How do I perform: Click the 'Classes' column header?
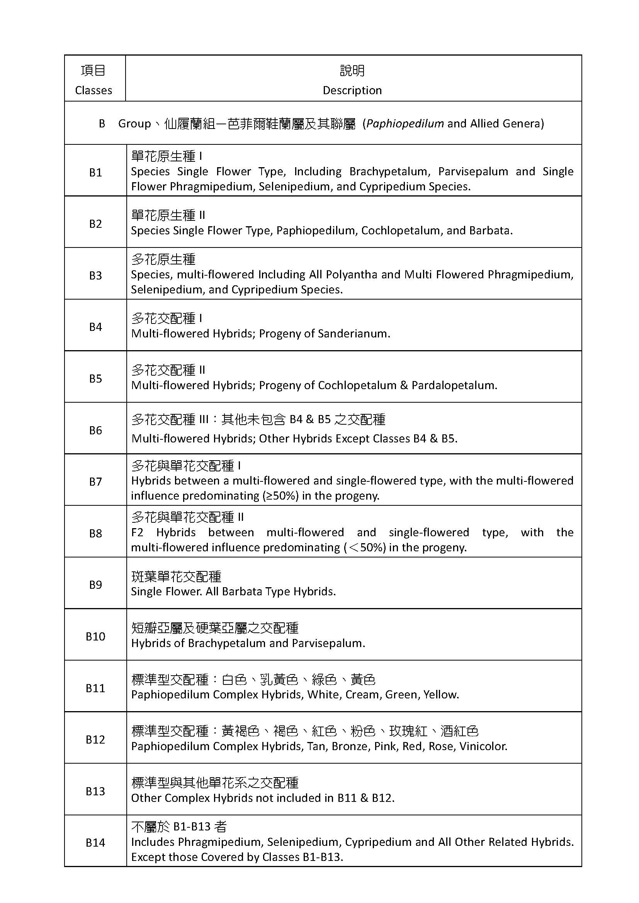93,90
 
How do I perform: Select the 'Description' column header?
352,90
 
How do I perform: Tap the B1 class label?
95,172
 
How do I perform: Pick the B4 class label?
95,327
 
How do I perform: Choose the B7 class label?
95,481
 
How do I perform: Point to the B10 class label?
95,636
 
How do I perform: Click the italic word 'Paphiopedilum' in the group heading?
405,124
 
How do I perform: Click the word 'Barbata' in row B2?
490,230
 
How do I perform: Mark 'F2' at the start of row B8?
137,532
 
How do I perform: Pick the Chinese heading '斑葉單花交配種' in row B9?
176,576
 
